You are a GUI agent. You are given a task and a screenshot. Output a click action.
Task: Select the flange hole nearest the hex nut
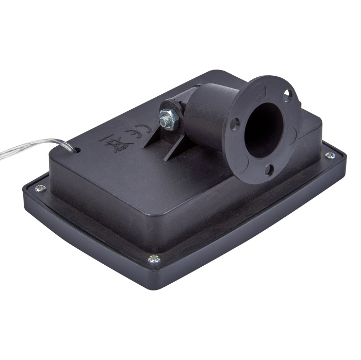pyautogui.click(x=235, y=123)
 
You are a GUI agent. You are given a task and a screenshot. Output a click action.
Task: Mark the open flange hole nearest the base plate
pyautogui.click(x=269, y=170)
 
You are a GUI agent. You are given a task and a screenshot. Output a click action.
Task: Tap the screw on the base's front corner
pyautogui.click(x=153, y=260)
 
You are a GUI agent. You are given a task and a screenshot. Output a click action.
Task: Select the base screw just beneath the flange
pyautogui.click(x=330, y=155)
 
